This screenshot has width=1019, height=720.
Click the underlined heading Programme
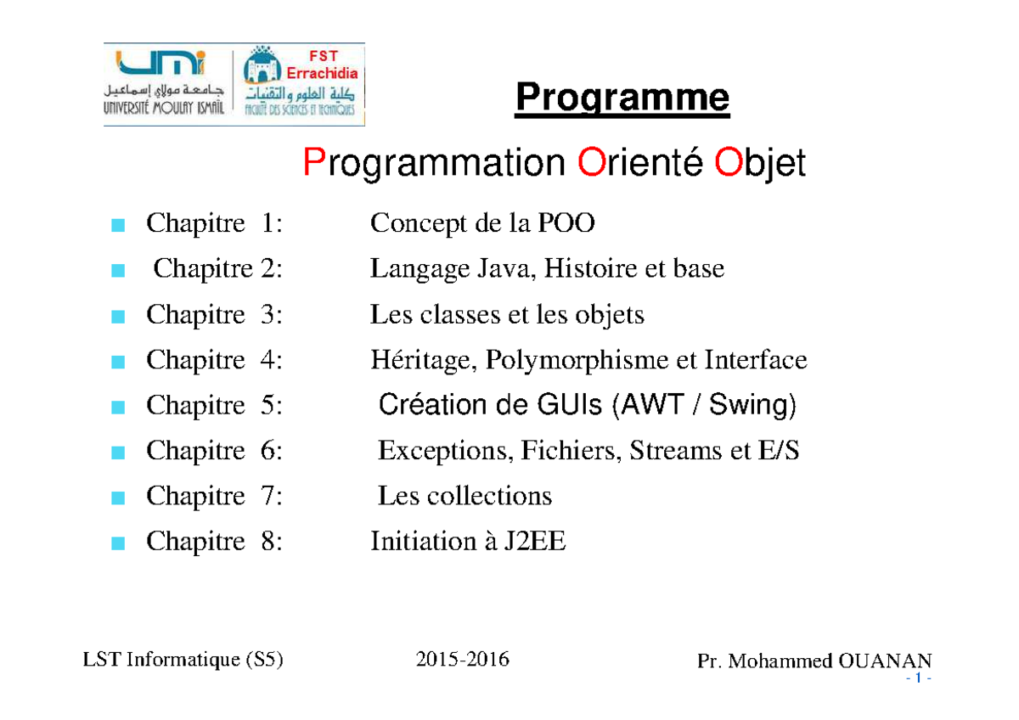622,99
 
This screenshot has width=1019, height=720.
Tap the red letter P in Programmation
313,163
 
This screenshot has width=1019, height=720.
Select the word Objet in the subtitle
759,163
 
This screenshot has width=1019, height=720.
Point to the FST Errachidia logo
301,85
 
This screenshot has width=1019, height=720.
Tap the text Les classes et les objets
507,315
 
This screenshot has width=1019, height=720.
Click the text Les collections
464,496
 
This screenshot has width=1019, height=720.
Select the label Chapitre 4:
214,360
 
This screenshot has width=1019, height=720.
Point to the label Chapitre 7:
214,496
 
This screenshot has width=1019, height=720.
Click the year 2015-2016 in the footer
463,659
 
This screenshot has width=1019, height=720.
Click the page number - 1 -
919,680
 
